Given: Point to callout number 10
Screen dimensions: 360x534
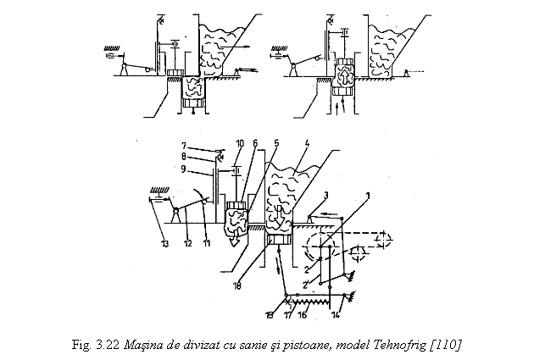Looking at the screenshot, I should (240, 143).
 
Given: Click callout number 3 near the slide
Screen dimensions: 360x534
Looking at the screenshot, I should (326, 196).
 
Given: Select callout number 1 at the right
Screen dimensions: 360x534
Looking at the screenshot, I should (367, 194).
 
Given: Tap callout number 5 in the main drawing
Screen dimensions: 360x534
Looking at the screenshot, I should (275, 143).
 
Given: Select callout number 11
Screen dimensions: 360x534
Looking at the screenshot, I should (206, 245).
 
